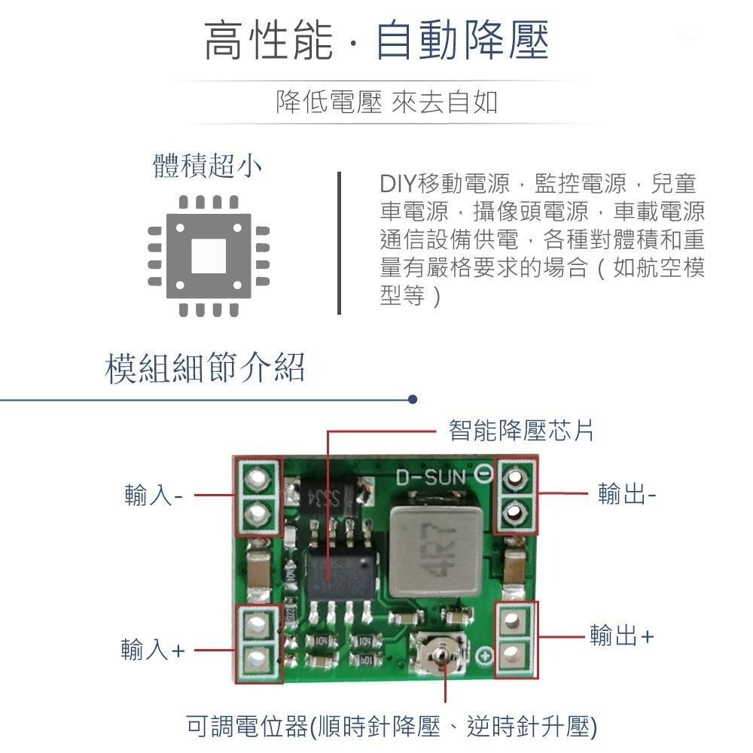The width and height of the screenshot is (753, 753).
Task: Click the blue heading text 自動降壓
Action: click(x=462, y=41)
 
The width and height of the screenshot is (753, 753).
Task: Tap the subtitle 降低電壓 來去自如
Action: click(x=386, y=102)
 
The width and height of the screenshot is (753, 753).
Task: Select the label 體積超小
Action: click(x=208, y=166)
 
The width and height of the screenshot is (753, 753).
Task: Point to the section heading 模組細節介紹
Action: click(x=206, y=369)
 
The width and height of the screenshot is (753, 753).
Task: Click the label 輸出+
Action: click(x=622, y=636)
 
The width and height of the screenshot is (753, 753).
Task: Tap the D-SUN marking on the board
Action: click(x=431, y=477)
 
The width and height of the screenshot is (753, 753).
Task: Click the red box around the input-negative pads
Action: click(x=258, y=496)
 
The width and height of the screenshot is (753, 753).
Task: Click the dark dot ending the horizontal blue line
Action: click(x=412, y=399)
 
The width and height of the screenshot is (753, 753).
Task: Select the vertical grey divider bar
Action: click(x=340, y=242)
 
